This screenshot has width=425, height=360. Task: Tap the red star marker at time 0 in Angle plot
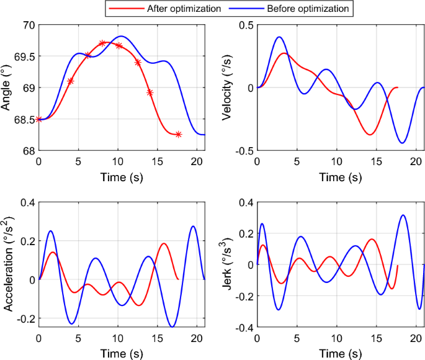(39, 119)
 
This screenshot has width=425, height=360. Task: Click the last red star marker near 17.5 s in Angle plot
(178, 135)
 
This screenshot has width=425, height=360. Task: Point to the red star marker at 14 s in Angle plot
(150, 92)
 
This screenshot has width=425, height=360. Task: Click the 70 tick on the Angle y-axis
(29, 25)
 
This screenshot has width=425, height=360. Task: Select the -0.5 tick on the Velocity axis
(243, 151)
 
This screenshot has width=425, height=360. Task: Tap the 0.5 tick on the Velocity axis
(246, 25)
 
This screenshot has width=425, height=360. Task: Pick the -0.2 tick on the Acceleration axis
(25, 318)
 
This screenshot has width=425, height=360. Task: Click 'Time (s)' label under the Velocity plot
(340, 177)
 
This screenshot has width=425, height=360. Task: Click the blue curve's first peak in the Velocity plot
(279, 37)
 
